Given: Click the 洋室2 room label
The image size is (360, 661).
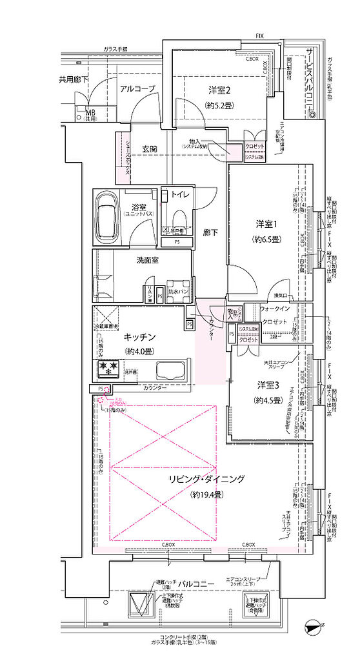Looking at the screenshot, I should pyautogui.click(x=219, y=90).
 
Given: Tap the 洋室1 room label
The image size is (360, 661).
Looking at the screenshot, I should pyautogui.click(x=266, y=224).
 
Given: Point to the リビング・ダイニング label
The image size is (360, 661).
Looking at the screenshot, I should pyautogui.click(x=206, y=479).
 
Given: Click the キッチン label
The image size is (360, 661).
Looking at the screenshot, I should pyautogui.click(x=138, y=336).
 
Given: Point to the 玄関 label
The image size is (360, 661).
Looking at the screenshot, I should pyautogui.click(x=150, y=148).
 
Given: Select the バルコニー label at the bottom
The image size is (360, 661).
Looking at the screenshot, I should pyautogui.click(x=197, y=584).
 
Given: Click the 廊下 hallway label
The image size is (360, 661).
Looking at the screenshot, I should pyautogui.click(x=210, y=233).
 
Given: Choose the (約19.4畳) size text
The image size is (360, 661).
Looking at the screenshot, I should pyautogui.click(x=206, y=495).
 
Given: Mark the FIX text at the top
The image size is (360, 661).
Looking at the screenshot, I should pyautogui.click(x=259, y=36).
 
